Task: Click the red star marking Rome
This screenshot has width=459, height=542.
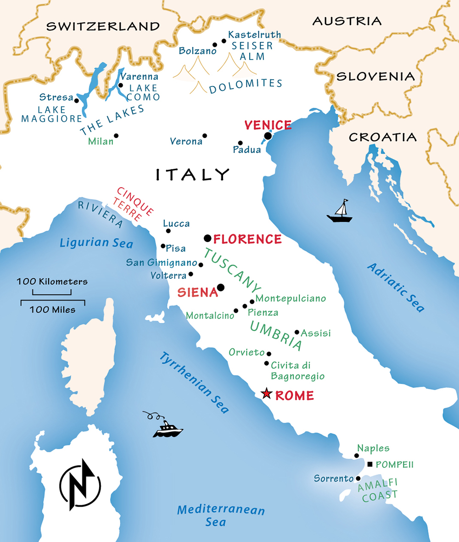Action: pos(266,394)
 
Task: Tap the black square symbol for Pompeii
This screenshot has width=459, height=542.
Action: pos(370,464)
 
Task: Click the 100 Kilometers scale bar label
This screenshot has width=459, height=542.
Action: pos(52,281)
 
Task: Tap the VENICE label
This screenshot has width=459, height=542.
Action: pos(268,125)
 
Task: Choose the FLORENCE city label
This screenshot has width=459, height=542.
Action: pos(247,239)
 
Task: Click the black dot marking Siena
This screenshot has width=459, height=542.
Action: pos(221,288)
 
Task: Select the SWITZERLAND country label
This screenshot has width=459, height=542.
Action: pos(103,26)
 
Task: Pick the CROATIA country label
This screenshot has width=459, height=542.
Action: pos(383,137)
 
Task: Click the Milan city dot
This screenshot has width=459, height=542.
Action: pos(116,136)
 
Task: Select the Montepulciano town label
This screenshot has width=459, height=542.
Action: pos(291,299)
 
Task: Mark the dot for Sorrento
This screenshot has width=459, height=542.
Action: pos(358,478)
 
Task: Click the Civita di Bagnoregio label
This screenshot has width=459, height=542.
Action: pos(297,371)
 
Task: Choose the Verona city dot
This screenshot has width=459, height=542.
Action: pos(205,136)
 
